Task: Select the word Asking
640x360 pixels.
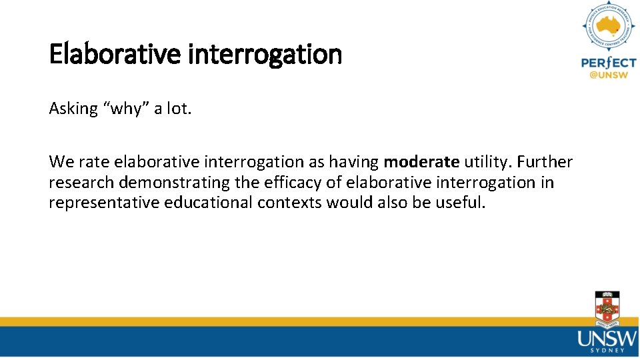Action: point(73,109)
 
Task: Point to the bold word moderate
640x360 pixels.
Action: point(421,162)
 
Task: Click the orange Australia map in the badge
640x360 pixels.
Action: point(608,27)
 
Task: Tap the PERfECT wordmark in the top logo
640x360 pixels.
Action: point(608,63)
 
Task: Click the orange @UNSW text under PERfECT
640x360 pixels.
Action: point(608,75)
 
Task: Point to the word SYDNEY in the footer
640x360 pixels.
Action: point(607,349)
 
